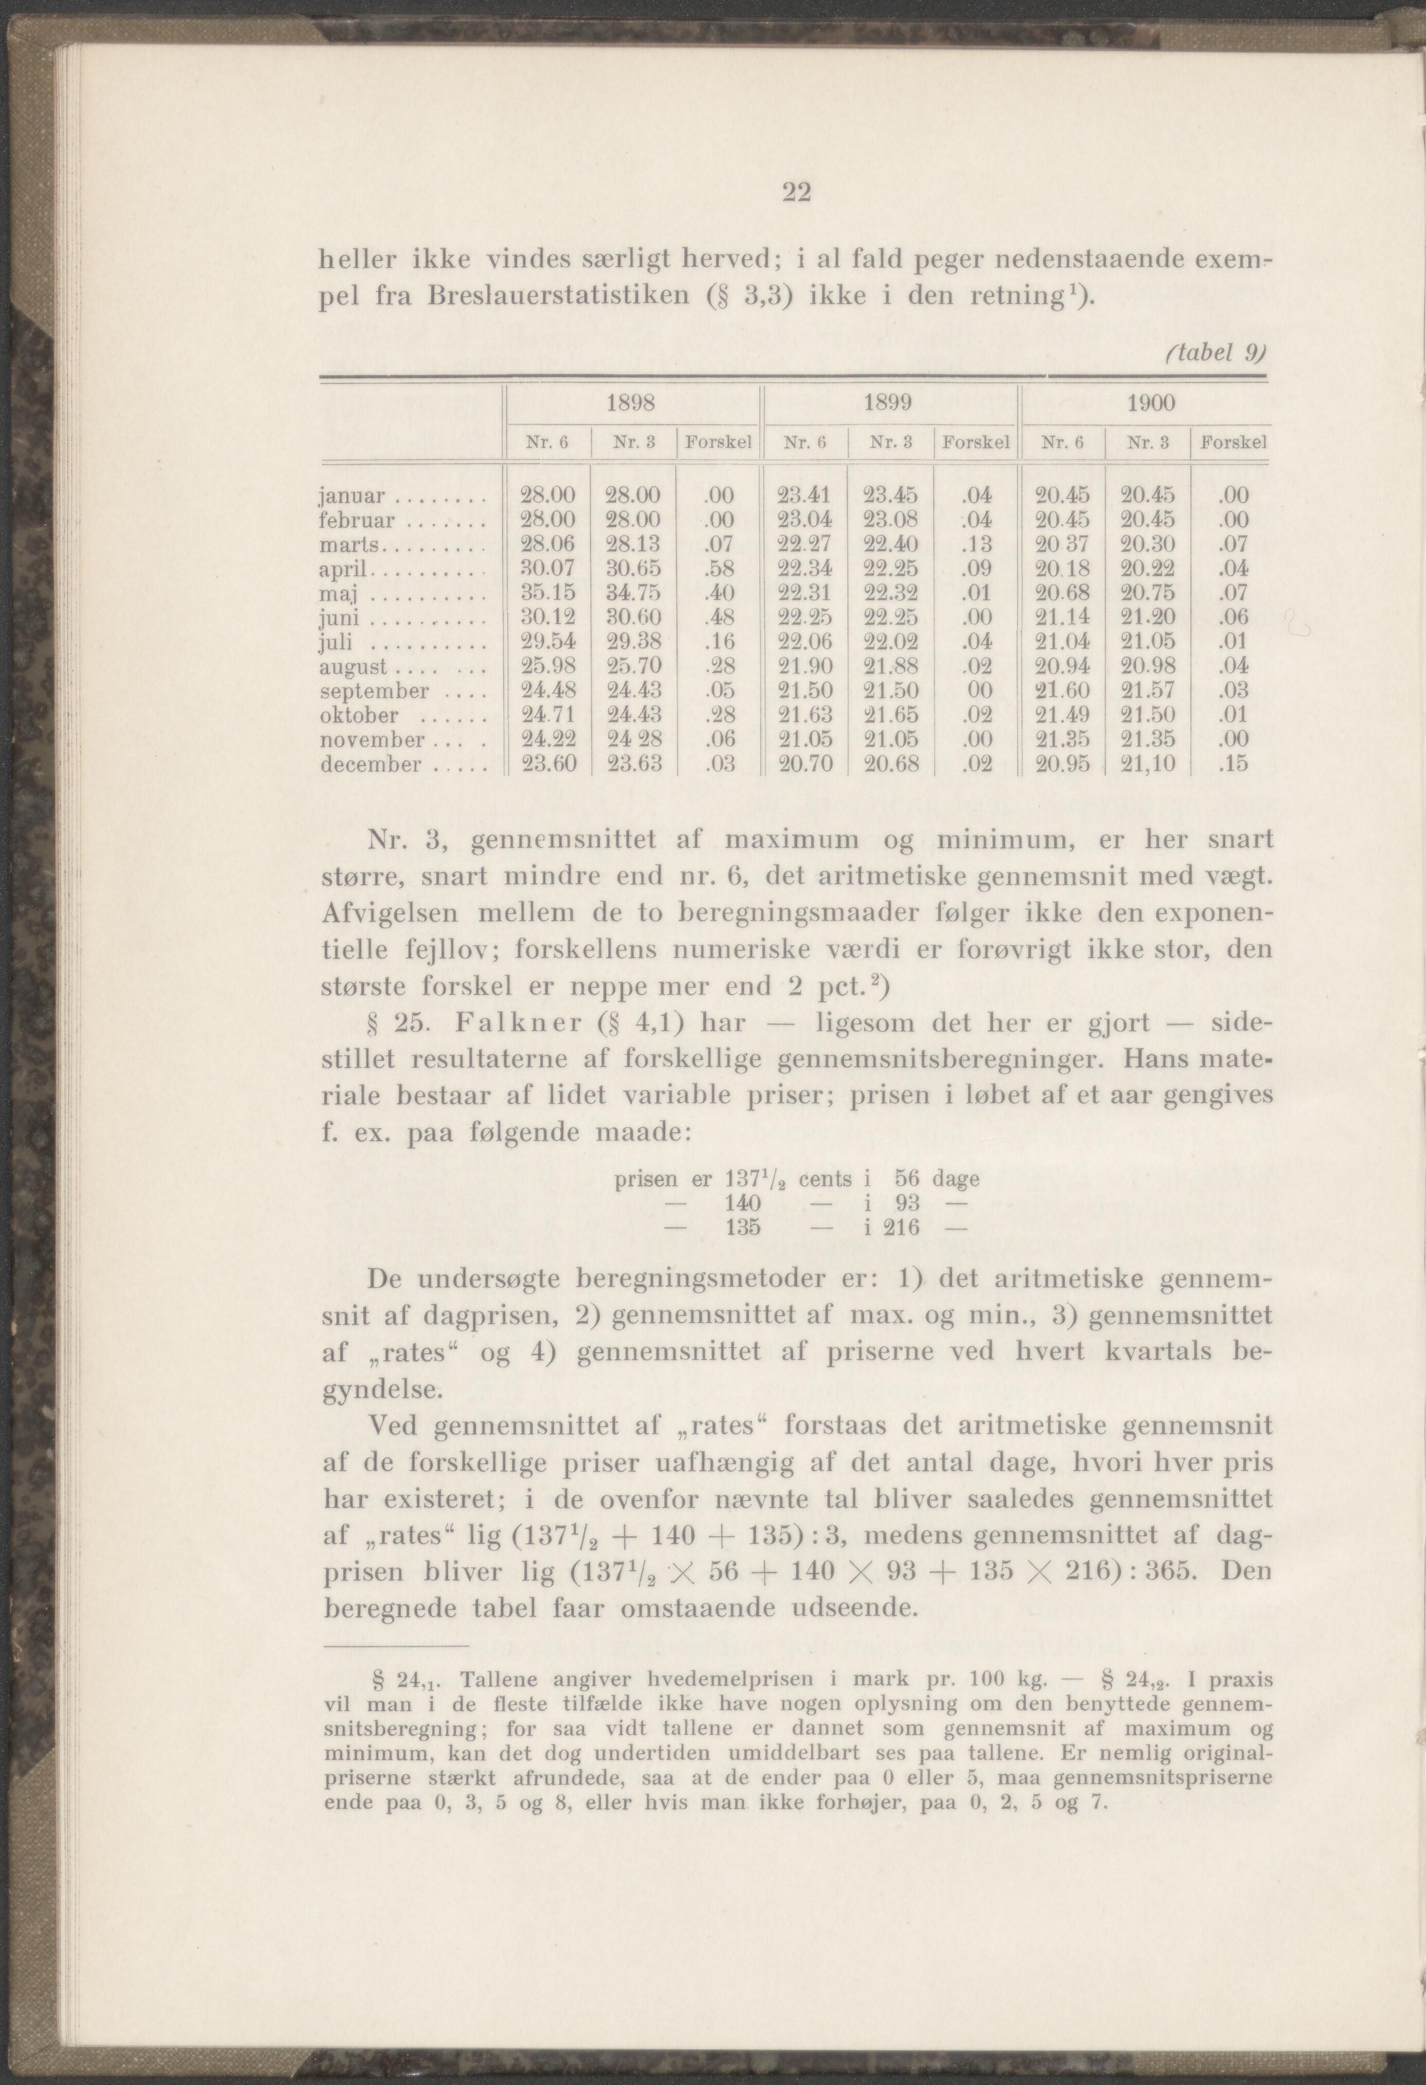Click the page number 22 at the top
pos(796,193)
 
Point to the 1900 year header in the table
pos(1151,403)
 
